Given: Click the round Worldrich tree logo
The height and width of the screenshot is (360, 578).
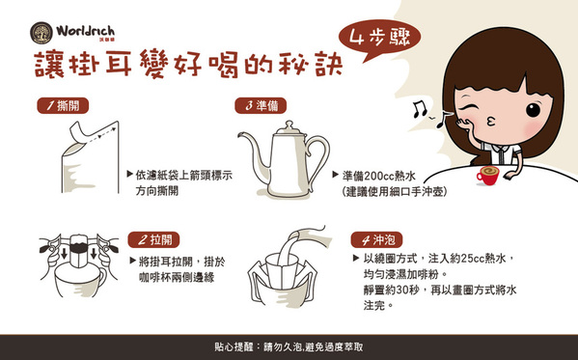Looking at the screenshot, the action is point(41,33).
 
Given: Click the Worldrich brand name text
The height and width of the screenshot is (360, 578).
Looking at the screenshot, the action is point(85,31).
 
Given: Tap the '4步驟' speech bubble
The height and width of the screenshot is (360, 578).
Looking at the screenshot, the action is point(379,40).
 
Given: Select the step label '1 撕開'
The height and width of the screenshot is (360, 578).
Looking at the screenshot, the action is point(63,105).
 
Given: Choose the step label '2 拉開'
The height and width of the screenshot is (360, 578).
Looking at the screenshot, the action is point(153,239).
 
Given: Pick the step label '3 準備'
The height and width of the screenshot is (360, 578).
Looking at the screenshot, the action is point(261,105).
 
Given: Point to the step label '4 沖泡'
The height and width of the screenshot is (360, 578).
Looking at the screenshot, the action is point(376,240).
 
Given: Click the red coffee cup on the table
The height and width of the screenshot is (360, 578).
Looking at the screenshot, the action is point(487,176).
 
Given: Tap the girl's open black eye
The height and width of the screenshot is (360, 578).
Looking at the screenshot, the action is point(533,110).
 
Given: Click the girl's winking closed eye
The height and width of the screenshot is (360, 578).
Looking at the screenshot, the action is point(465,108).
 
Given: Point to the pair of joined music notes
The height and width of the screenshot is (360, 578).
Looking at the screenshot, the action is point(419,109).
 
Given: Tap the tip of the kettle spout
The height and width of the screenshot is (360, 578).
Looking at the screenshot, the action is point(239,134).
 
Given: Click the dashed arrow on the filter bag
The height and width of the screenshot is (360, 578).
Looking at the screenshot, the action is point(102,133).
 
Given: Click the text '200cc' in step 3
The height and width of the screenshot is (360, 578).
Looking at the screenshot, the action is point(379,176).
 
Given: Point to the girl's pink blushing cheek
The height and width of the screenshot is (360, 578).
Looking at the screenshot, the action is point(532,127).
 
